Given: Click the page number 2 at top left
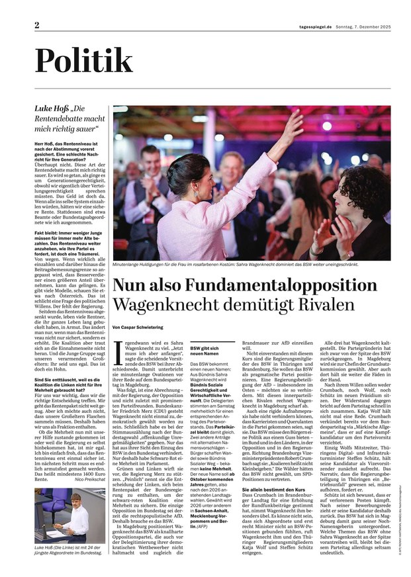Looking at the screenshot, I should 38,24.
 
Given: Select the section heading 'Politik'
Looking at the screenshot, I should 84,62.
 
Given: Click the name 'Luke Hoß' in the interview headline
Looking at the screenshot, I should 52,108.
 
